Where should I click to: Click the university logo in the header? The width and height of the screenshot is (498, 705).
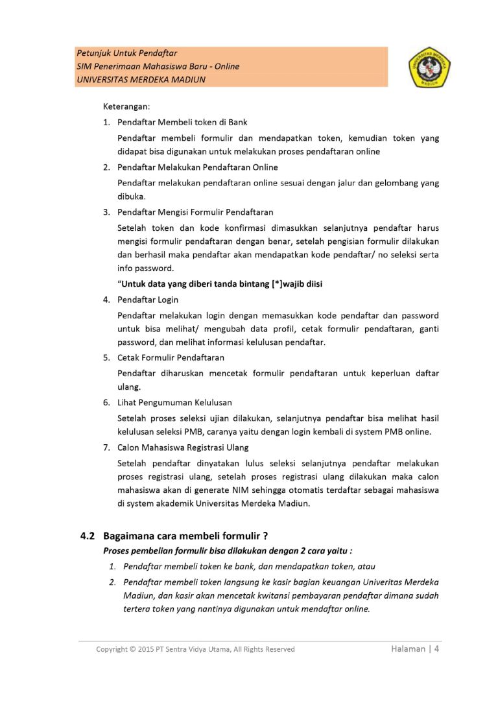tap(430, 67)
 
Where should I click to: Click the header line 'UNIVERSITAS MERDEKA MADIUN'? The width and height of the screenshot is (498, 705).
tap(141, 80)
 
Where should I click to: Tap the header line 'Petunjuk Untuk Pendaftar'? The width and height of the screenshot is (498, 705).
tap(126, 53)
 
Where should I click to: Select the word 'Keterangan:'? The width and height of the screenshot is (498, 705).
tap(126, 106)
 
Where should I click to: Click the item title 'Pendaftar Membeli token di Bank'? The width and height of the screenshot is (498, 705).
tap(182, 122)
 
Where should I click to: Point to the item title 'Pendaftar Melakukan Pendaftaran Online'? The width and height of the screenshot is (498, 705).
tap(197, 167)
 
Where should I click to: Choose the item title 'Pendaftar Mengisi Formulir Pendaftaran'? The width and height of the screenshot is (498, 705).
tap(195, 212)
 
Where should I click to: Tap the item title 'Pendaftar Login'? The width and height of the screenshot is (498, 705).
tap(148, 300)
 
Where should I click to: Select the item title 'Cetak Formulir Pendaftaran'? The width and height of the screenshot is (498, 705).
tap(171, 357)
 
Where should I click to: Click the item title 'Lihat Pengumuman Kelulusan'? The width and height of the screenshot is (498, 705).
tap(174, 403)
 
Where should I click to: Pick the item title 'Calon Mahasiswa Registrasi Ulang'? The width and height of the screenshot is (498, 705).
tap(183, 448)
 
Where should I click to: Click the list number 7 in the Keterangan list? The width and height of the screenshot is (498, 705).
tap(106, 448)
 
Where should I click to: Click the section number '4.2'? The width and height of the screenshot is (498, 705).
tap(88, 536)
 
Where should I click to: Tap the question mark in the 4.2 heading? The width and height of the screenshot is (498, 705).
tap(266, 536)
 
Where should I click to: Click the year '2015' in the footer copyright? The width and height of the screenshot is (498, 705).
tap(145, 649)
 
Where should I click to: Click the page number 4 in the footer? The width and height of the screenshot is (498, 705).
tap(437, 649)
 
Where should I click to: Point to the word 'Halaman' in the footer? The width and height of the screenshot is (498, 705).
tap(408, 649)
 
